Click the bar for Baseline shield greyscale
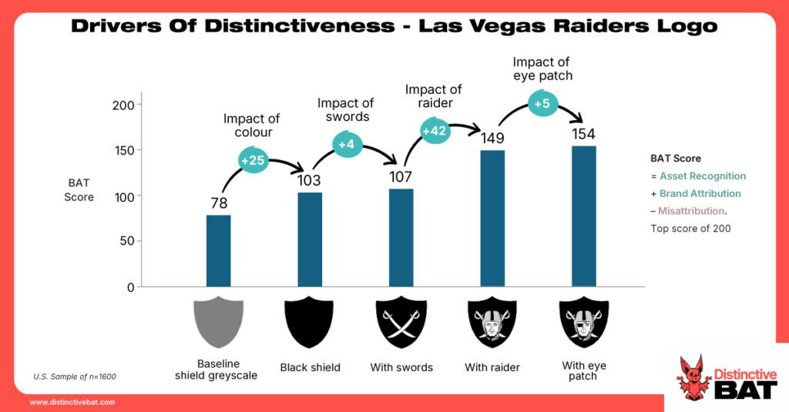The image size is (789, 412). pyautogui.click(x=218, y=250)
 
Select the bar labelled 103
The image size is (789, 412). pyautogui.click(x=310, y=239)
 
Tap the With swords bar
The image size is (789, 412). pyautogui.click(x=401, y=237)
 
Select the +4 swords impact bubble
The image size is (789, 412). pyautogui.click(x=347, y=142)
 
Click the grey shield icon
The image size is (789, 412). pyautogui.click(x=218, y=323)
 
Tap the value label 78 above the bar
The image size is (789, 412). pyautogui.click(x=219, y=203)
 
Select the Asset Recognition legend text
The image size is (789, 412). pyautogui.click(x=702, y=176)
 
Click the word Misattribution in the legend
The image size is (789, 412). pyautogui.click(x=691, y=210)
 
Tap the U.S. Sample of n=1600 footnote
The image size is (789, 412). pyautogui.click(x=75, y=377)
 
